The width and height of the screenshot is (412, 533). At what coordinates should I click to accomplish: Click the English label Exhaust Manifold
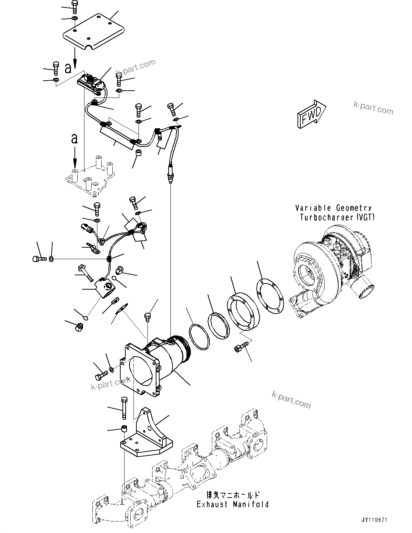(233, 504)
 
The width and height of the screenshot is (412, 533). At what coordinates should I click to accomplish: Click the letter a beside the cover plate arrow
(68, 68)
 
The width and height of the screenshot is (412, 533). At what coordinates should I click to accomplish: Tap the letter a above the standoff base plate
(74, 138)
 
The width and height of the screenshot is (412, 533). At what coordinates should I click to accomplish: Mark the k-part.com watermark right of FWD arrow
(373, 107)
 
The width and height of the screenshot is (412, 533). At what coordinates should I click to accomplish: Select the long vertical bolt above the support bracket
(124, 408)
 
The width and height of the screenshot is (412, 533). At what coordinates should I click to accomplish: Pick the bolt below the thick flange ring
(239, 347)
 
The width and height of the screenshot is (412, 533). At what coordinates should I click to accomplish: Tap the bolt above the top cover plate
(74, 6)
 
